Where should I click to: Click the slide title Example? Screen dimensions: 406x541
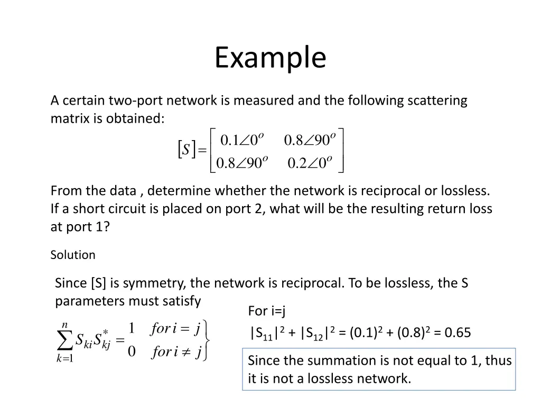(x=270, y=58)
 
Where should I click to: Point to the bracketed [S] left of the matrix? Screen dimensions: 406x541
(x=186, y=150)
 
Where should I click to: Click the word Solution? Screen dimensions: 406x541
(x=73, y=255)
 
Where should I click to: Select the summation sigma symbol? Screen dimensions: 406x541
(x=65, y=341)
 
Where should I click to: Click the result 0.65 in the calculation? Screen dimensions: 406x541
(x=458, y=333)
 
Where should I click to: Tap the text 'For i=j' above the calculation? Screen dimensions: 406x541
(x=267, y=311)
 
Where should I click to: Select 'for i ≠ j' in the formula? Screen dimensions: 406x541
(x=176, y=352)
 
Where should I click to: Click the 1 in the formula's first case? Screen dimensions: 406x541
(x=132, y=329)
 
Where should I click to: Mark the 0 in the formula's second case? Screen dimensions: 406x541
(x=132, y=352)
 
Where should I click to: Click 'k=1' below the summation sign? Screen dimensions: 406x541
(x=64, y=358)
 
